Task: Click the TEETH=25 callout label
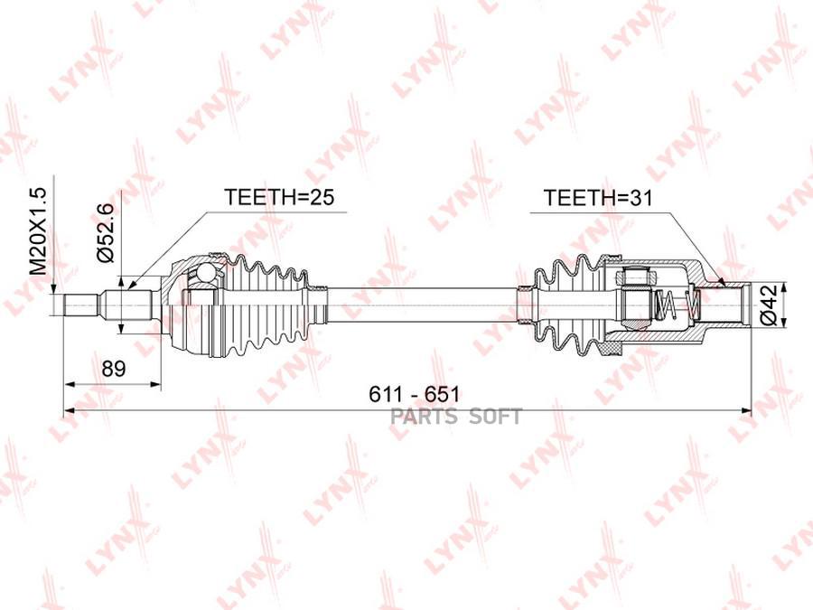[279, 197]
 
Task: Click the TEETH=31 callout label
[597, 198]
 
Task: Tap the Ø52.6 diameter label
[105, 233]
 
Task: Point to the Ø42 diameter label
[770, 305]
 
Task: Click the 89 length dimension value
[114, 369]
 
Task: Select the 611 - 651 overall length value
[414, 395]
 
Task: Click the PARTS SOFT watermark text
[456, 416]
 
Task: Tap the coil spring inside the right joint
[677, 305]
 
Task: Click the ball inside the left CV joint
[205, 271]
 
